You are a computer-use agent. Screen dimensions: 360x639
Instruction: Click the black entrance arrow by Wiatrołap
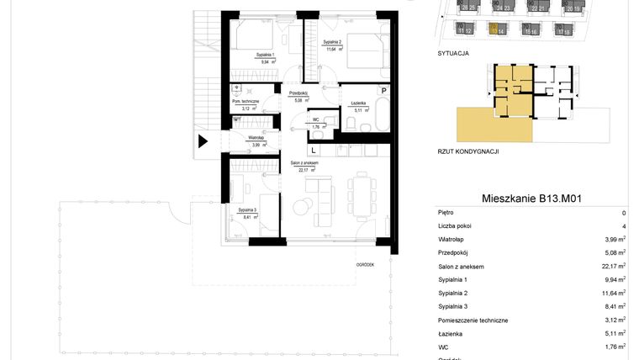pos(202,141)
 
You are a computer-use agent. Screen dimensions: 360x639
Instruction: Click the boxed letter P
pos(383,90)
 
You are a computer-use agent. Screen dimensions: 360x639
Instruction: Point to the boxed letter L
pos(313,151)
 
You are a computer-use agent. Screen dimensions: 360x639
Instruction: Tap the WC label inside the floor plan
pos(316,119)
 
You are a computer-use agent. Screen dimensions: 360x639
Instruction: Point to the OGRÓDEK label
pos(365,263)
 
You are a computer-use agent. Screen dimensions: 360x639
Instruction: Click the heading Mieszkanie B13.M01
pos(532,199)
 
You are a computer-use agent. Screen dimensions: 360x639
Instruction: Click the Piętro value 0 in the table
pos(623,213)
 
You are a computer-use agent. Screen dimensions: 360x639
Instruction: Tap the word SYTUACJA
pos(453,52)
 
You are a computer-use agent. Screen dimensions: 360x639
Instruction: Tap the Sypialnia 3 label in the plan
pos(246,209)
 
